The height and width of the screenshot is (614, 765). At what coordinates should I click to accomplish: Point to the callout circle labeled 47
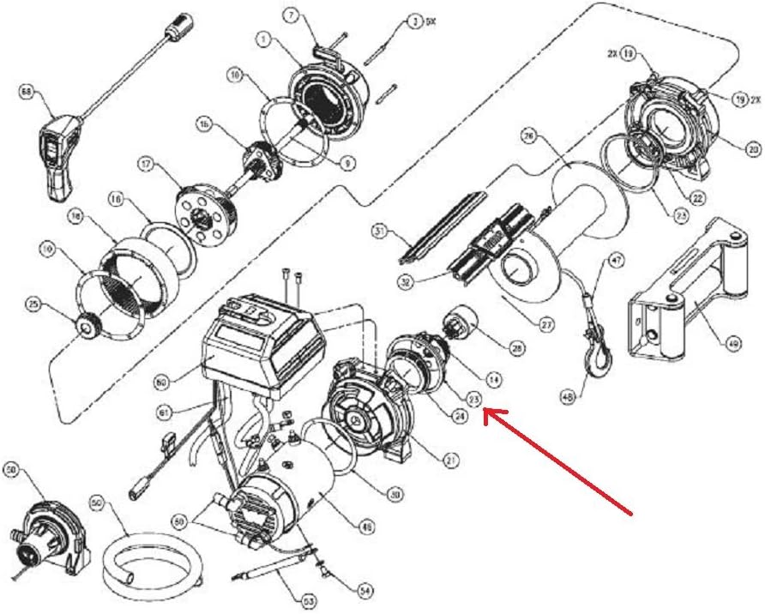click(x=616, y=259)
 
